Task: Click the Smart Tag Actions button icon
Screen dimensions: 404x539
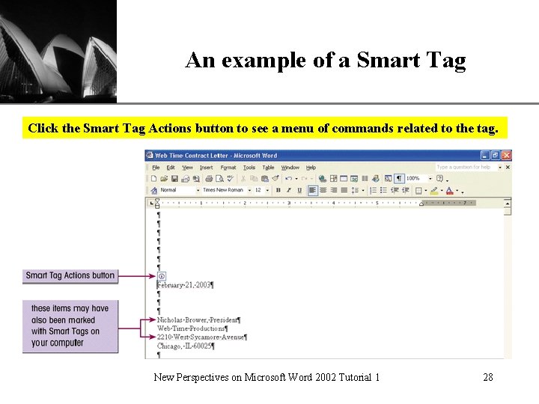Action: pos(162,276)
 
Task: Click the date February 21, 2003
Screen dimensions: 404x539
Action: pos(185,285)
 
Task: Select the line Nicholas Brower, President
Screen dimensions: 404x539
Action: pos(198,319)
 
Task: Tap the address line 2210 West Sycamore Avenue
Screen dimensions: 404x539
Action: pos(201,337)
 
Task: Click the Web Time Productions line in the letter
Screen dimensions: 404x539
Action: pos(192,328)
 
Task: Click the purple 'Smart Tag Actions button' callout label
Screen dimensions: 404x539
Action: pos(70,275)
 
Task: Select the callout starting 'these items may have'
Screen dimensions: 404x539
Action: pos(70,325)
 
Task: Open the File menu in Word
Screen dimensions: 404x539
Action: pos(156,168)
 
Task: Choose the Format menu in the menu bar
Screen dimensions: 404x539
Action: pos(228,168)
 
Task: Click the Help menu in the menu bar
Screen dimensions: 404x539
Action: pos(311,168)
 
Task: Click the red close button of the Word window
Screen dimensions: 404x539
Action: pos(506,156)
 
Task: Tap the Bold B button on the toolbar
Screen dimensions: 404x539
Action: pos(278,190)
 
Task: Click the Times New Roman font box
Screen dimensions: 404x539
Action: pos(224,190)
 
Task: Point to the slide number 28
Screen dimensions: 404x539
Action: pos(488,377)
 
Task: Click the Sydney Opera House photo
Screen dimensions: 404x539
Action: pos(58,51)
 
